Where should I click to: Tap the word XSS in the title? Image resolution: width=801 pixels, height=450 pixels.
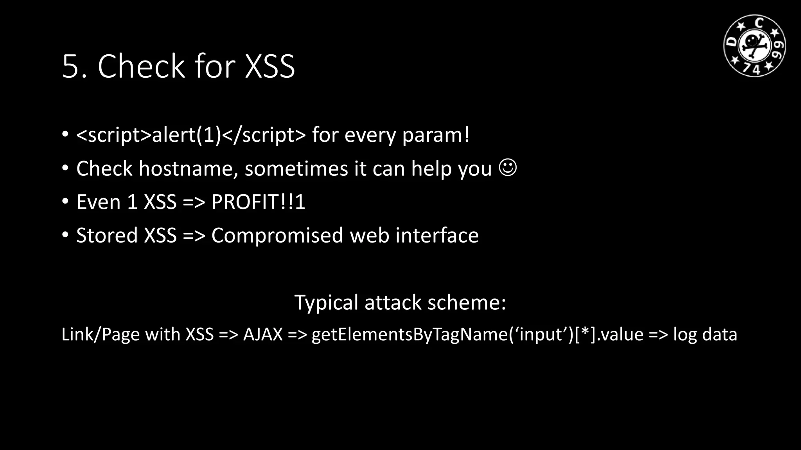click(x=269, y=67)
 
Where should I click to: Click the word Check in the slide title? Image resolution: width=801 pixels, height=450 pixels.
click(x=141, y=66)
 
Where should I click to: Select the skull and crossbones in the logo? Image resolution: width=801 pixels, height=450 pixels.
click(x=754, y=45)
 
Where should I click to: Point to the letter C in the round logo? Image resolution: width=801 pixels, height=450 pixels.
click(x=759, y=23)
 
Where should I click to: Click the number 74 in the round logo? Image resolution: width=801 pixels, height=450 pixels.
click(x=751, y=69)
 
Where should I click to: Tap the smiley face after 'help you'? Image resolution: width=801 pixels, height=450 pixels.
click(x=508, y=168)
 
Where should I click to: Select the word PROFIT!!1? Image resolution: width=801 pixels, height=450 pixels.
click(x=258, y=202)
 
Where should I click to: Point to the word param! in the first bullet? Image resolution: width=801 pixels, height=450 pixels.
click(x=436, y=135)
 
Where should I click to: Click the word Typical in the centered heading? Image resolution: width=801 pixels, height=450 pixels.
click(x=326, y=303)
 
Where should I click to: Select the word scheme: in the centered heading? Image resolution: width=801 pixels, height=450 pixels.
click(x=467, y=303)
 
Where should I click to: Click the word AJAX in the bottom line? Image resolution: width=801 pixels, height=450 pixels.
click(x=263, y=334)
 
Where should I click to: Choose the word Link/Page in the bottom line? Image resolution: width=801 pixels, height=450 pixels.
click(x=101, y=334)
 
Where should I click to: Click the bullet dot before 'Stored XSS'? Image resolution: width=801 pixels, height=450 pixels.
click(x=65, y=235)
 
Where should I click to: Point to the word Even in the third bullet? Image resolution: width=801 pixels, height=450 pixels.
click(x=98, y=202)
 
